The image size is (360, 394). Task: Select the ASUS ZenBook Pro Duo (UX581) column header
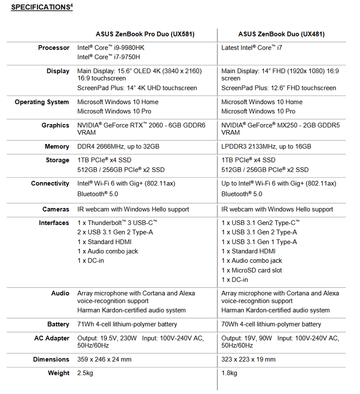145,34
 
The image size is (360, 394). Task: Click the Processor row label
54,48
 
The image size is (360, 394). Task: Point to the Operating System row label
42,102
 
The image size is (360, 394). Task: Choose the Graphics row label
55,125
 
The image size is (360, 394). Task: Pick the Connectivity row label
50,183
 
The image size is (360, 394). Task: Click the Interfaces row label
54,223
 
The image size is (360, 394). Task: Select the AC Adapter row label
51,338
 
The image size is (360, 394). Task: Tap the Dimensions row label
51,359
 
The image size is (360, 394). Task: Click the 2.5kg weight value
86,373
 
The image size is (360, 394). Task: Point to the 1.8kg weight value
229,373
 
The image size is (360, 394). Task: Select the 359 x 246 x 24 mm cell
104,359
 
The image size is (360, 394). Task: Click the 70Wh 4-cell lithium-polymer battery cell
271,324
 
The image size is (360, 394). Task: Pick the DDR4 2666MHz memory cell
118,146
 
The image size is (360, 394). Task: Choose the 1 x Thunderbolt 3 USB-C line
117,223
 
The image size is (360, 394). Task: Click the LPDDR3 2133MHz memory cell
266,146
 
